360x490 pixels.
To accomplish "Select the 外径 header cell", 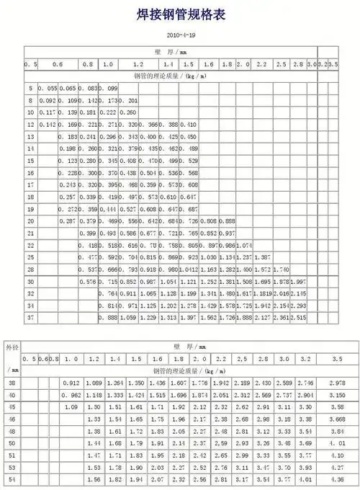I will click(13, 347).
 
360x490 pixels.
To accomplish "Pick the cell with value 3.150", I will click(336, 395).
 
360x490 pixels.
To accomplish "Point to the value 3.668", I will click(336, 419).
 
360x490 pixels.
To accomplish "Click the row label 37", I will click(31, 317).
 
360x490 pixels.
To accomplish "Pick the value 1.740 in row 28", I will click(284, 269).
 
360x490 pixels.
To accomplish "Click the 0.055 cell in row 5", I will click(48, 88).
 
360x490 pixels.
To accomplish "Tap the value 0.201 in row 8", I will click(130, 100).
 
